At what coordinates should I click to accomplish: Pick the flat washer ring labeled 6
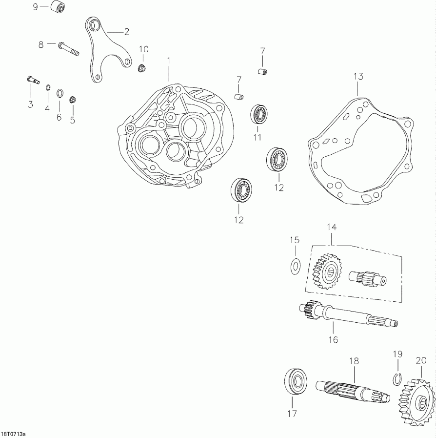click(x=59, y=93)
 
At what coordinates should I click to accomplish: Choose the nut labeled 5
click(x=73, y=100)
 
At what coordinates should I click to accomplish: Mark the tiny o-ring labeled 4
click(x=48, y=87)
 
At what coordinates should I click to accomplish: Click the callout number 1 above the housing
click(x=169, y=60)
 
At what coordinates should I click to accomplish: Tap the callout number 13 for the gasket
click(x=358, y=76)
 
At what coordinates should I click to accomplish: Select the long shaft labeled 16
click(x=346, y=315)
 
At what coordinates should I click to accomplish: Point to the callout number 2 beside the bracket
click(x=126, y=32)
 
